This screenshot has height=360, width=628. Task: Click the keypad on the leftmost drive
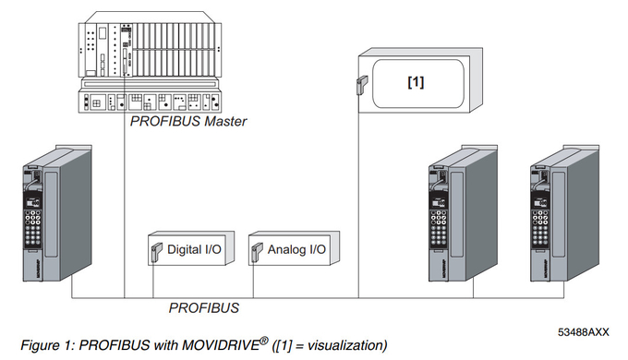[37, 227]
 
